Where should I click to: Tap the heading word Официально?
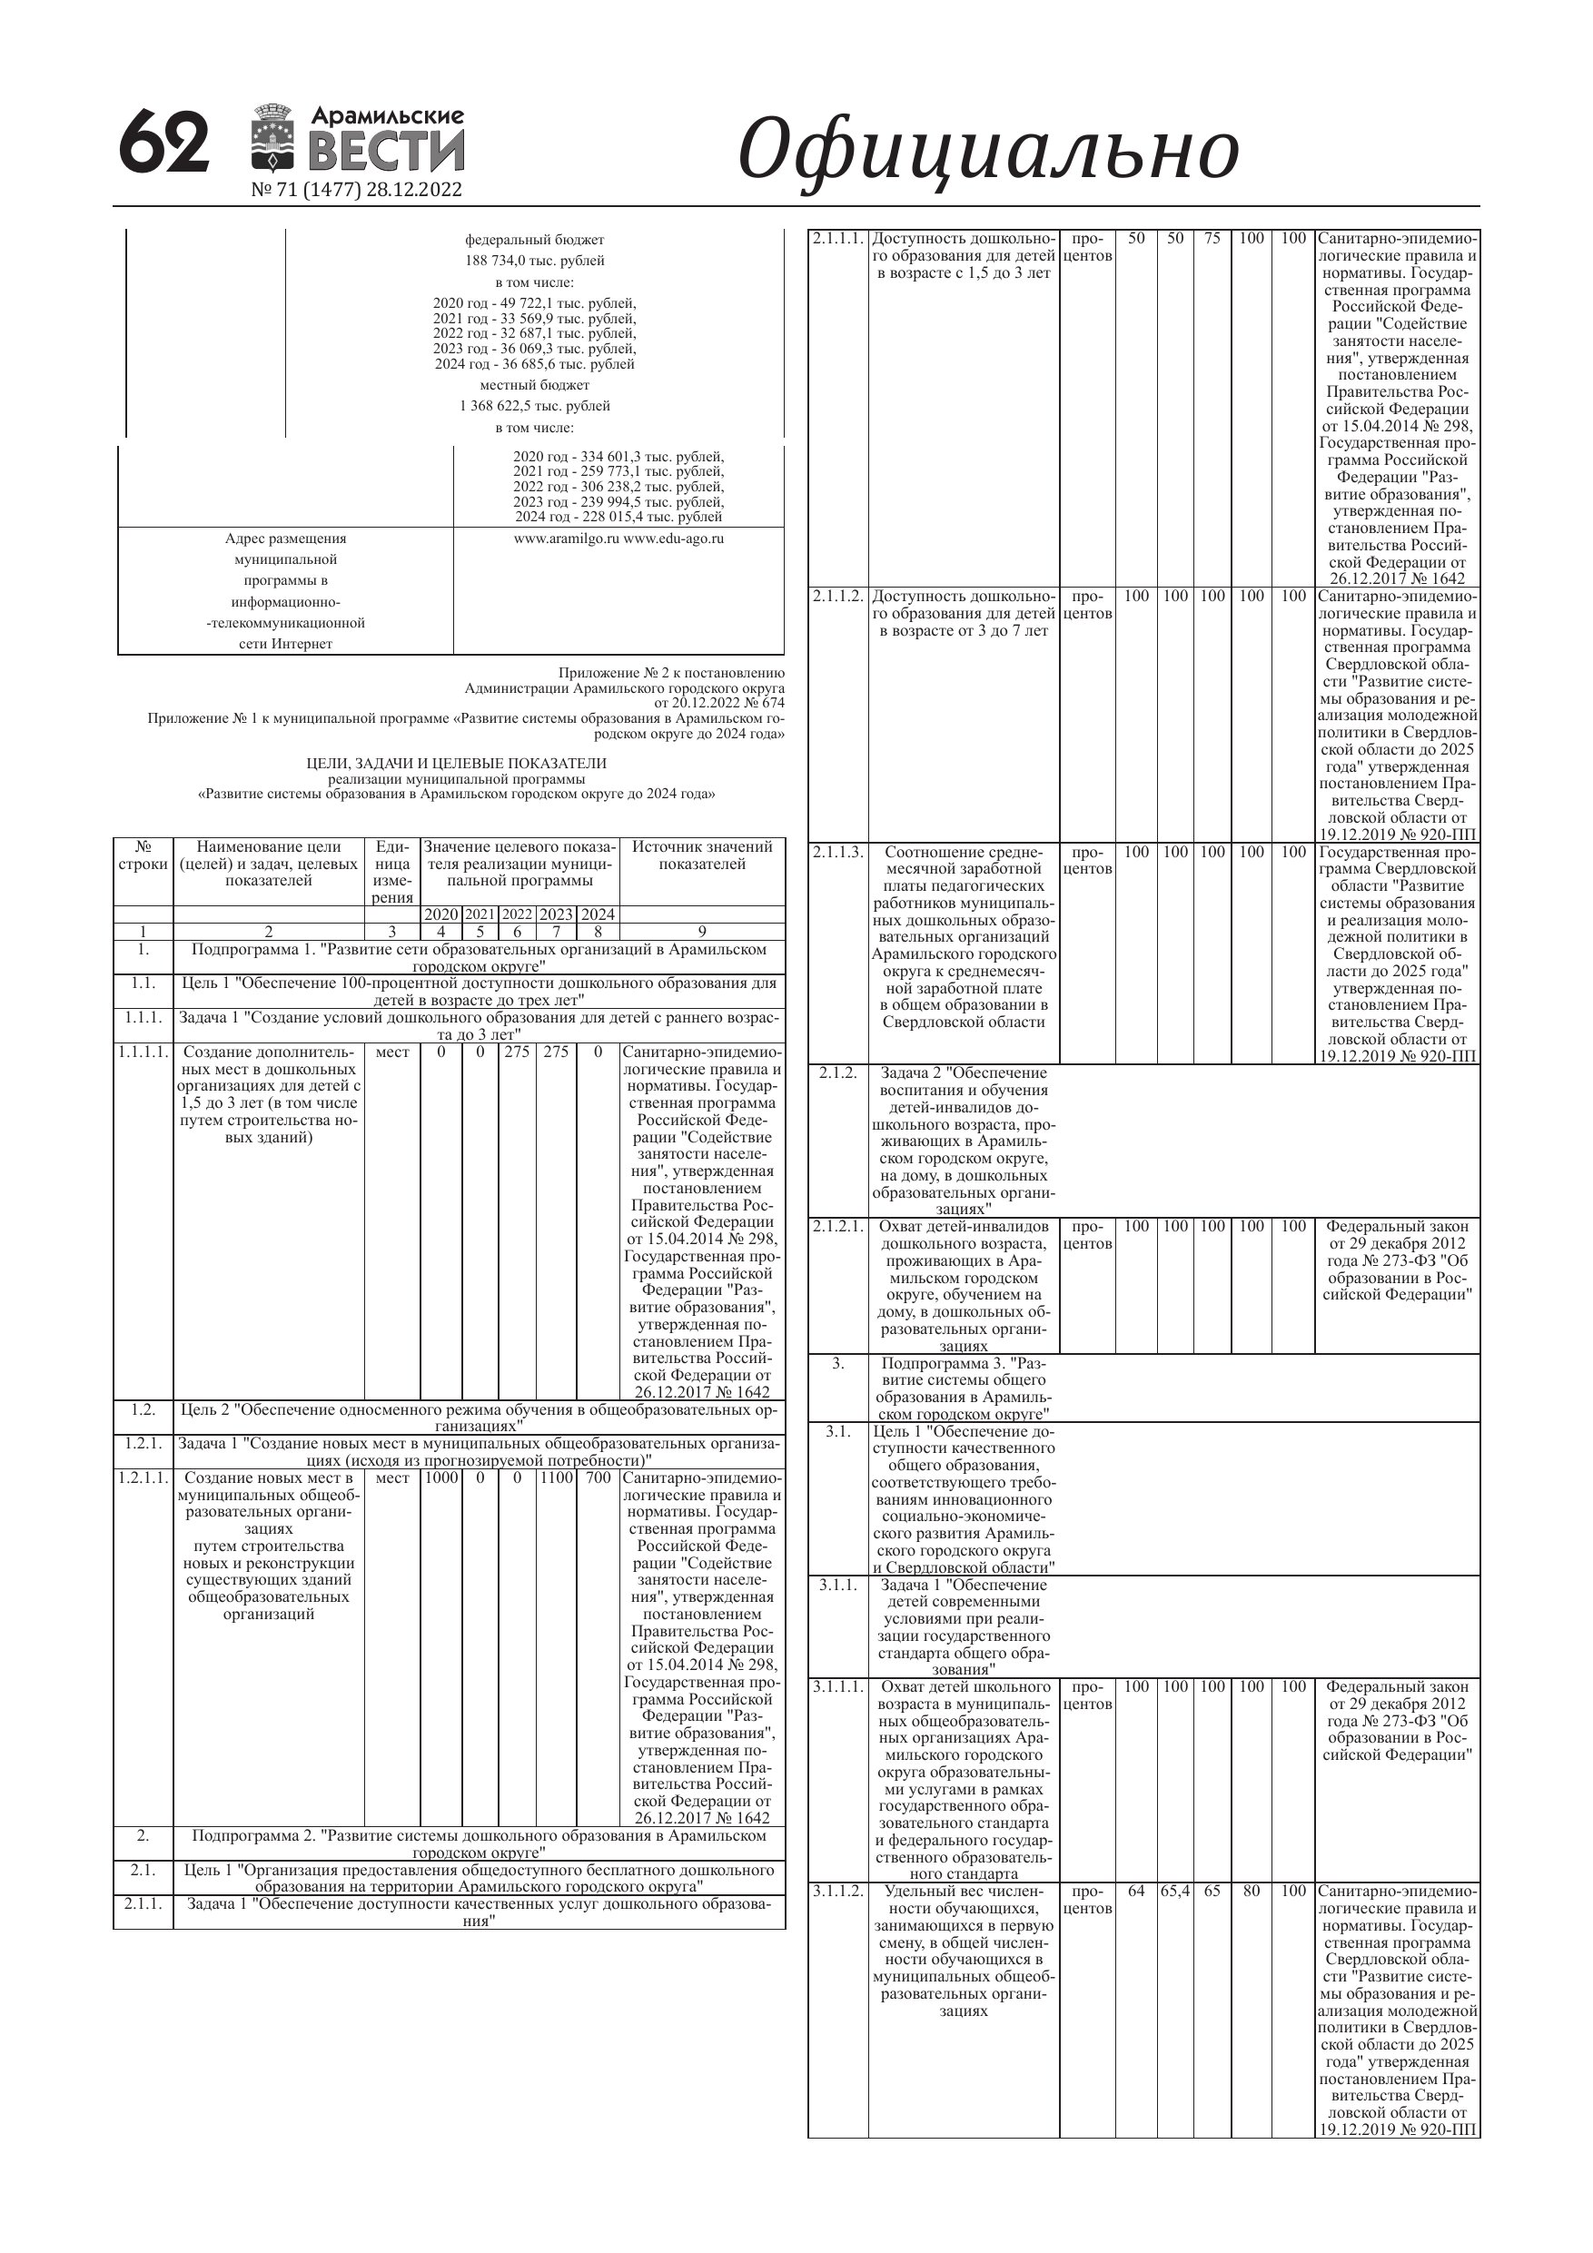point(987,150)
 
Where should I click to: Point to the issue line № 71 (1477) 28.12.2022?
point(356,190)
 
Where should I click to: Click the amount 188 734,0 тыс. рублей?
point(534,260)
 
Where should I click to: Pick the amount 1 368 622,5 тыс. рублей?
point(534,405)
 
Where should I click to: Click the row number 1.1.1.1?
point(143,1052)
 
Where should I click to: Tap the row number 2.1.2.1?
point(837,1227)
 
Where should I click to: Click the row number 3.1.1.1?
point(837,1687)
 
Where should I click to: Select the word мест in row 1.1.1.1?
point(392,1052)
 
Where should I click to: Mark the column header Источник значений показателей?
point(702,855)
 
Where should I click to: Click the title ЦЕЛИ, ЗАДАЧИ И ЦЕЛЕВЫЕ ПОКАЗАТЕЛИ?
point(457,764)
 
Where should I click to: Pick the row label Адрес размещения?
point(285,539)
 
